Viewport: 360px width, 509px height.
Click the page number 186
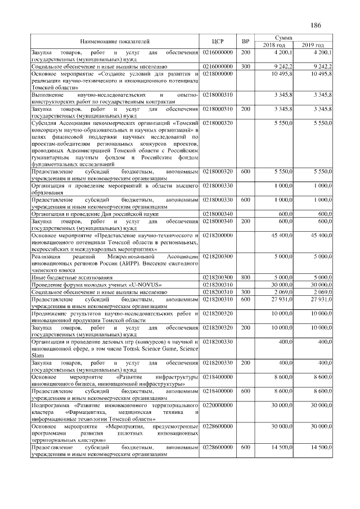[x=315, y=25]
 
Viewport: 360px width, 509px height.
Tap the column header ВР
[x=245, y=41]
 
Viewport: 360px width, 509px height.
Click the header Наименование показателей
[x=115, y=41]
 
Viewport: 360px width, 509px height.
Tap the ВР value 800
[x=245, y=278]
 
